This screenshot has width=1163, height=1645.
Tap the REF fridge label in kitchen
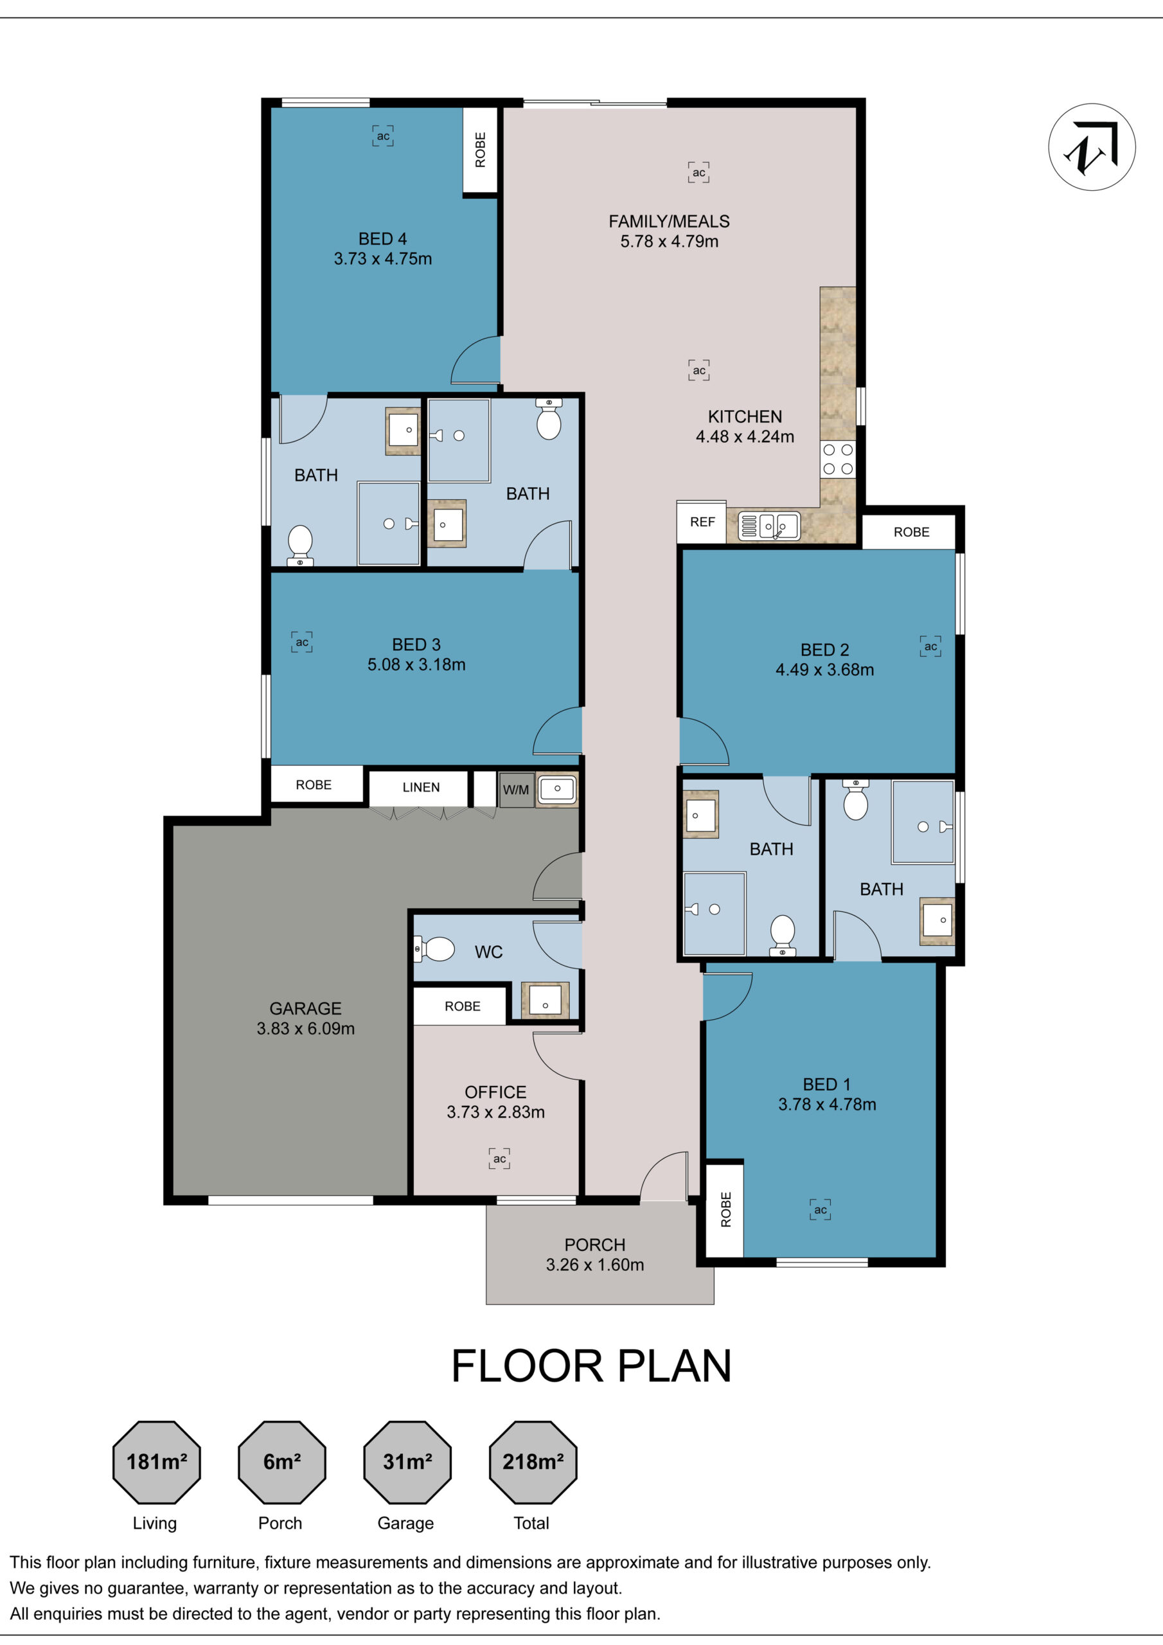(x=702, y=522)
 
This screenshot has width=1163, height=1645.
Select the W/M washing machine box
(x=516, y=790)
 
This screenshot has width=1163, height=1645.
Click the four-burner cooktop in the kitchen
(x=838, y=459)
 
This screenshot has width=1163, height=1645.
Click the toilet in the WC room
(x=435, y=949)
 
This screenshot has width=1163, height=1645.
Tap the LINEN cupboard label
(x=421, y=787)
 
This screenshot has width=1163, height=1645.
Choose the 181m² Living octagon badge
(x=156, y=1463)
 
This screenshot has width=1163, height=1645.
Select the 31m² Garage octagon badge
(x=407, y=1463)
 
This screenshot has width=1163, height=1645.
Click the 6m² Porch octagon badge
(x=281, y=1463)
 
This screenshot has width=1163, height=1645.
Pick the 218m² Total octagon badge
(x=533, y=1463)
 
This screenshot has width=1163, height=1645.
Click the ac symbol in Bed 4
(x=384, y=136)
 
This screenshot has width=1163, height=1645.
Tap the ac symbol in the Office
(x=499, y=1159)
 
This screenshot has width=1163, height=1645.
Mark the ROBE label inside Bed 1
(x=726, y=1209)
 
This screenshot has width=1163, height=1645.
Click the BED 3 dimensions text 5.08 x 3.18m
(x=416, y=665)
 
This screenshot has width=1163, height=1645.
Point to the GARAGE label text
(x=305, y=1008)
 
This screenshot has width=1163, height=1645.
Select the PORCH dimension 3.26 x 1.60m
(x=595, y=1265)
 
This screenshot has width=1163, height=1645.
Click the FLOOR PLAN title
(x=591, y=1366)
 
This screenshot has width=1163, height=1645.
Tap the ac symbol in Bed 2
(x=930, y=646)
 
